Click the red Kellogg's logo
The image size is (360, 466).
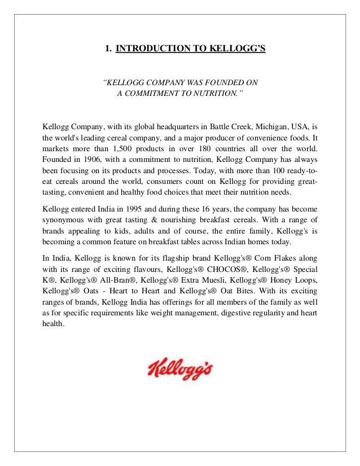tap(179, 368)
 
